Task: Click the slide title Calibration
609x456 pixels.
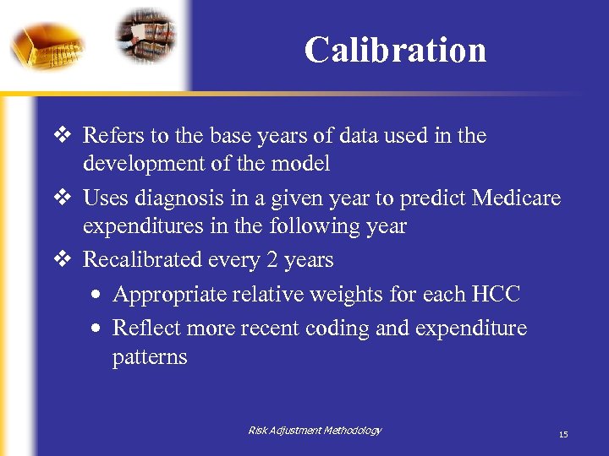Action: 395,50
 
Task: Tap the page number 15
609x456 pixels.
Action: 562,434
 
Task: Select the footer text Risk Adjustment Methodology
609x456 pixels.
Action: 315,431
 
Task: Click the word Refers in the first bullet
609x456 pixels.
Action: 107,136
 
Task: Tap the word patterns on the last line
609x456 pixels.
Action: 150,356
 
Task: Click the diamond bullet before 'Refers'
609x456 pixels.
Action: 64,135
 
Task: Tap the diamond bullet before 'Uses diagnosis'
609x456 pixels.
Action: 64,198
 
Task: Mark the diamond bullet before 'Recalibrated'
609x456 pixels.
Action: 64,259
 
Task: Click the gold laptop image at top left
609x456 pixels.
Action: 47,42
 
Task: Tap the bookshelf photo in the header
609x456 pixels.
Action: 145,35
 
